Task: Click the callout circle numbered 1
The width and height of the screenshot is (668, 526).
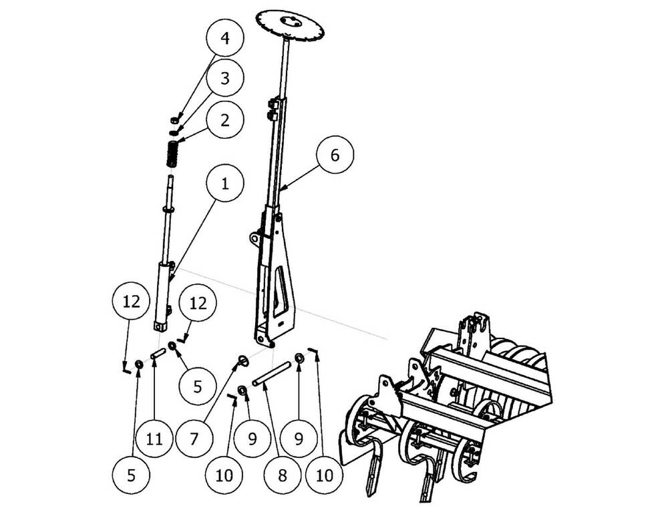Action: [x=224, y=184]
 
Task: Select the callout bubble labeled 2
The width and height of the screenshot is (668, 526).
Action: [x=224, y=119]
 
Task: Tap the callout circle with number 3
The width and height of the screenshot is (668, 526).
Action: [x=224, y=79]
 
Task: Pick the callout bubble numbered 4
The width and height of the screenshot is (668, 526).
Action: [x=224, y=38]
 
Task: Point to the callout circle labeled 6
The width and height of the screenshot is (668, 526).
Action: [x=335, y=155]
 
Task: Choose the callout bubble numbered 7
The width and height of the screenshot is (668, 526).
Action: [x=194, y=439]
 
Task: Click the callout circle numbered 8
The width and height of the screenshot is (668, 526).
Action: [x=282, y=475]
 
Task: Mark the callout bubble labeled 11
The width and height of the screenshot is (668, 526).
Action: [x=154, y=439]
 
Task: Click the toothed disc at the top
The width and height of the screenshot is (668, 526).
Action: [x=291, y=25]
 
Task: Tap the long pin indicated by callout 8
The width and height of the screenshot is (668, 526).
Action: [x=271, y=373]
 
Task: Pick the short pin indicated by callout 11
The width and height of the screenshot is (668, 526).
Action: [x=158, y=353]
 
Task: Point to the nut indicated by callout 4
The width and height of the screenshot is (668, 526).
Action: [x=174, y=119]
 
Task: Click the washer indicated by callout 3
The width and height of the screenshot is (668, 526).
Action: [x=174, y=132]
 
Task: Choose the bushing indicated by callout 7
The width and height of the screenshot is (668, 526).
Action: [x=244, y=360]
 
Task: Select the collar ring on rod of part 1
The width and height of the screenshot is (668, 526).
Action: [x=169, y=210]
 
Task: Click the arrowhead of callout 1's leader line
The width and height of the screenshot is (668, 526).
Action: [x=169, y=280]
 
